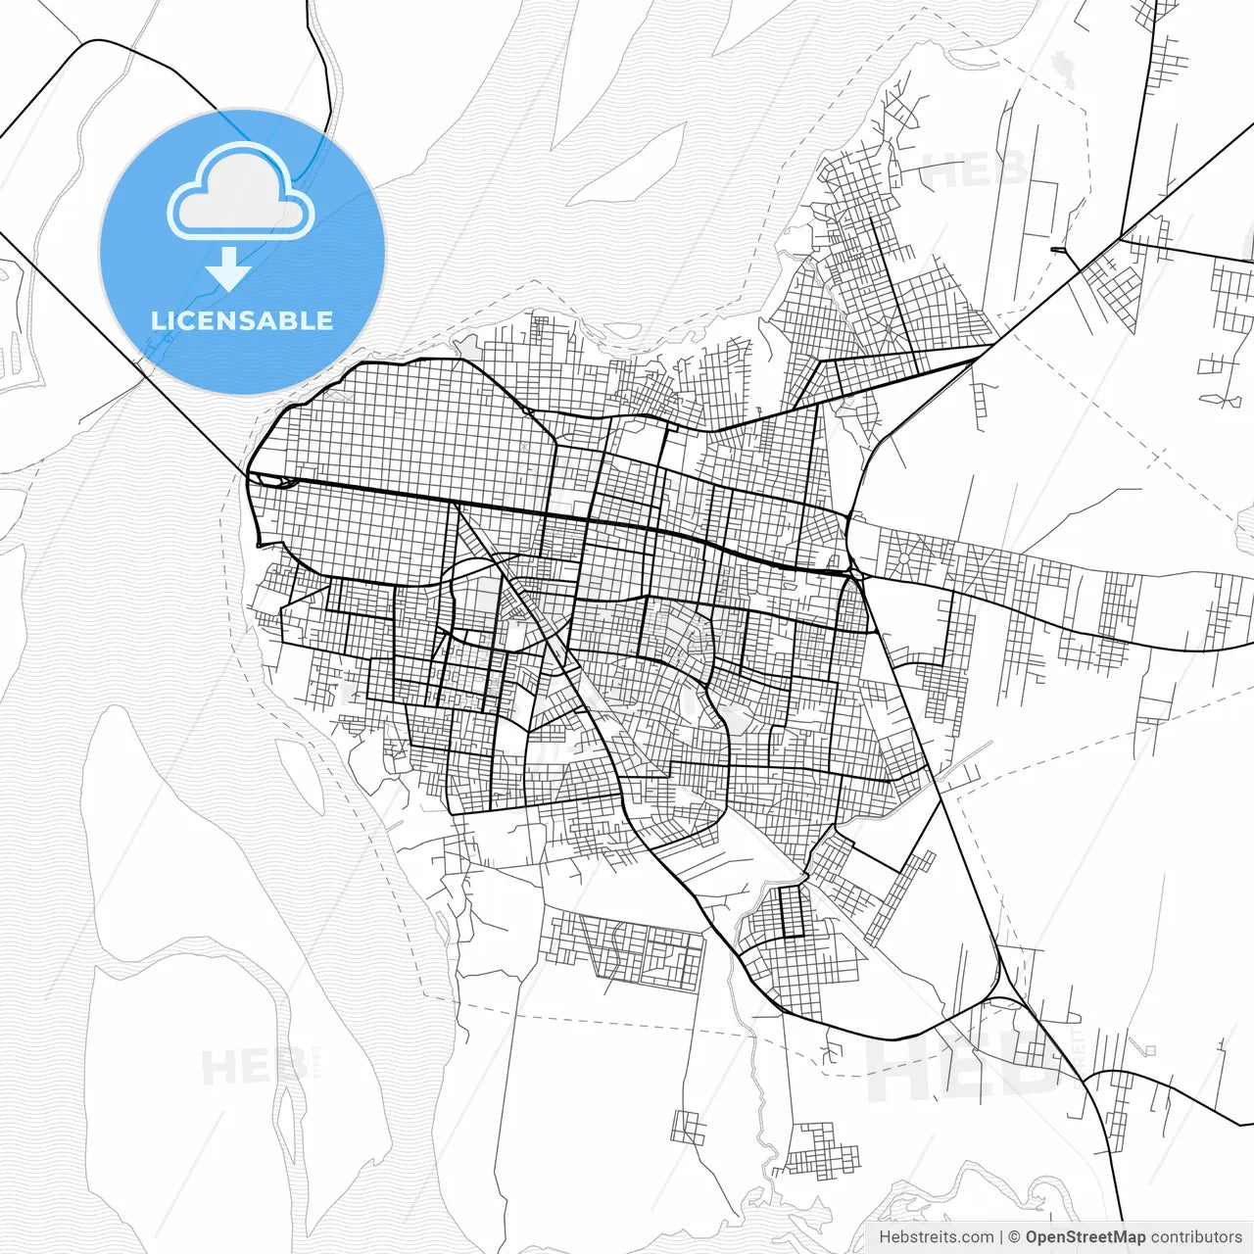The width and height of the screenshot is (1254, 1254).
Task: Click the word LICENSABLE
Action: coord(242,320)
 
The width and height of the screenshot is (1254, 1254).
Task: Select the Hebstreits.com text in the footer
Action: coord(936,1236)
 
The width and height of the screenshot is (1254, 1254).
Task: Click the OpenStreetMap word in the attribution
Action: coord(1085,1236)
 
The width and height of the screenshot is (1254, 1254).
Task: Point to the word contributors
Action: coord(1196,1236)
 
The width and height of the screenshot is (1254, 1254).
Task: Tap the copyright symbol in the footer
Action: coord(1015,1236)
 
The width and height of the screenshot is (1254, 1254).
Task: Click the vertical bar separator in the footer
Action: coord(1001,1236)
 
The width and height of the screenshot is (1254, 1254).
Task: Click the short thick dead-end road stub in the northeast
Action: coord(1058,250)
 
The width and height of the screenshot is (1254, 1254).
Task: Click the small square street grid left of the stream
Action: coord(688,1127)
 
